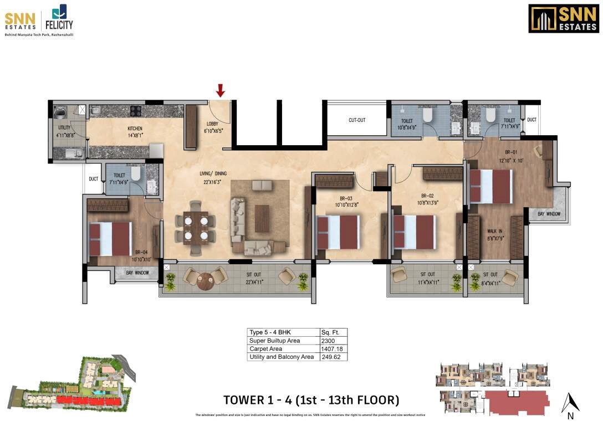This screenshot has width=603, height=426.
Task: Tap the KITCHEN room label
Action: [x=135, y=129]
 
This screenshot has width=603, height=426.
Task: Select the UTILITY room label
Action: [x=64, y=127]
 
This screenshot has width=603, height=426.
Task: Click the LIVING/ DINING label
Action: [x=214, y=174]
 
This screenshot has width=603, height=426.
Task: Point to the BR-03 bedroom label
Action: [x=346, y=199]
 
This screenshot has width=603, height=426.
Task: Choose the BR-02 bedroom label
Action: [x=426, y=196]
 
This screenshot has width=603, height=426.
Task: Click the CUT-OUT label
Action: [x=357, y=120]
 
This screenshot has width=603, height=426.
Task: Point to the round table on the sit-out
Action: [x=206, y=281]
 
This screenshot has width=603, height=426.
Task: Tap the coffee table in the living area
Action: [x=262, y=219]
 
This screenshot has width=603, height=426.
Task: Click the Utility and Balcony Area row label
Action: [x=282, y=357]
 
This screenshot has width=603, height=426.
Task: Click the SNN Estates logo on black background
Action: [x=564, y=19]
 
